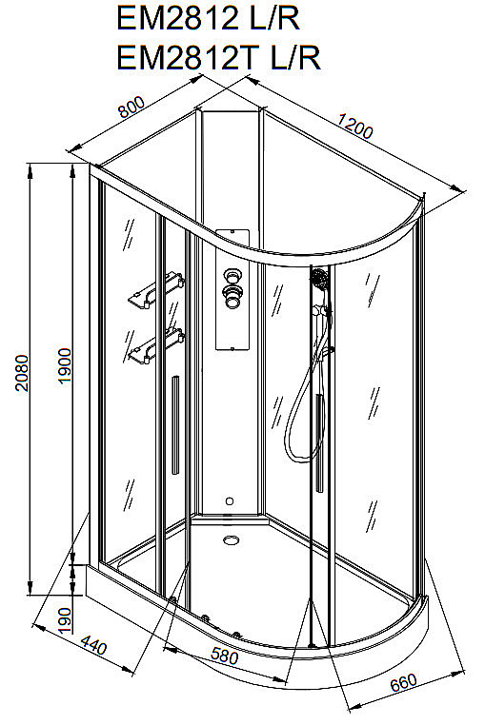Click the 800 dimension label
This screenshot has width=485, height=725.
pyautogui.click(x=131, y=107)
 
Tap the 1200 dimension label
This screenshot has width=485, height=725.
pyautogui.click(x=354, y=126)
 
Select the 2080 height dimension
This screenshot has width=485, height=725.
pyautogui.click(x=22, y=373)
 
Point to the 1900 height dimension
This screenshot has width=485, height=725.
pyautogui.click(x=65, y=365)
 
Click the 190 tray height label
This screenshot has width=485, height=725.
pyautogui.click(x=65, y=620)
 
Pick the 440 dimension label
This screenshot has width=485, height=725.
pyautogui.click(x=94, y=645)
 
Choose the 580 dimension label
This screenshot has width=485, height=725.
pyautogui.click(x=225, y=656)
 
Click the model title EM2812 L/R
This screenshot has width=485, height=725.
pyautogui.click(x=208, y=19)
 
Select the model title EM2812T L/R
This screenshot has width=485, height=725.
pyautogui.click(x=218, y=58)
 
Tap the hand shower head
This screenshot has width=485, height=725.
pyautogui.click(x=319, y=279)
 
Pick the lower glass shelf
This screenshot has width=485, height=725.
pyautogui.click(x=155, y=346)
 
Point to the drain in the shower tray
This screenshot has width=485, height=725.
pyautogui.click(x=231, y=539)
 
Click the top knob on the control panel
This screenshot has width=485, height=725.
pyautogui.click(x=232, y=277)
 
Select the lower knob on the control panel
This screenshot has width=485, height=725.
pyautogui.click(x=232, y=296)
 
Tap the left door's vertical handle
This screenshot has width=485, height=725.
pyautogui.click(x=175, y=425)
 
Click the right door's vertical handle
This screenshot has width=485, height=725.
pyautogui.click(x=318, y=442)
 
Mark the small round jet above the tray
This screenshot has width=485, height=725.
pyautogui.click(x=230, y=500)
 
